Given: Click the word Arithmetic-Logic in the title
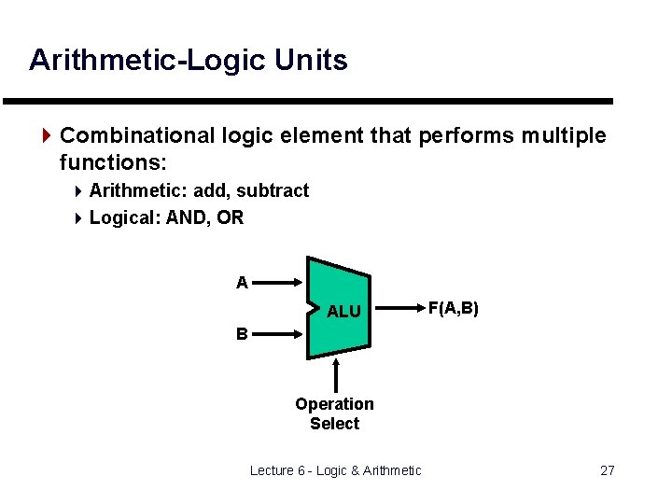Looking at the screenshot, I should [x=148, y=60].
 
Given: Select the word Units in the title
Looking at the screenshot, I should [x=311, y=60].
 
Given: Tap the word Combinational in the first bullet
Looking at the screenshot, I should [x=138, y=136].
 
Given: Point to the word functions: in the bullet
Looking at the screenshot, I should [x=113, y=163].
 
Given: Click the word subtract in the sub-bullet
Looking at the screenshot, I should [x=273, y=191].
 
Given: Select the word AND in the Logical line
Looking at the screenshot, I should [x=187, y=218].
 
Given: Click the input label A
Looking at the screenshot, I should [x=242, y=283].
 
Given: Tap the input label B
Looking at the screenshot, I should [x=242, y=333].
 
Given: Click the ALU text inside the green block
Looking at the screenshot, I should [x=343, y=312].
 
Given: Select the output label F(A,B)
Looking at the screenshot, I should [x=453, y=307].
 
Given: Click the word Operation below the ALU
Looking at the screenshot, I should [x=334, y=404].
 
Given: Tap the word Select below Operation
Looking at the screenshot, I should [x=334, y=424].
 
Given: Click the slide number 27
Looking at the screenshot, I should [x=607, y=470].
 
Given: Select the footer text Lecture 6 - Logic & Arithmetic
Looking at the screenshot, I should [x=336, y=470].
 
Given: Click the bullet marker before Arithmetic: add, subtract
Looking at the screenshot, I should [x=78, y=191].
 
